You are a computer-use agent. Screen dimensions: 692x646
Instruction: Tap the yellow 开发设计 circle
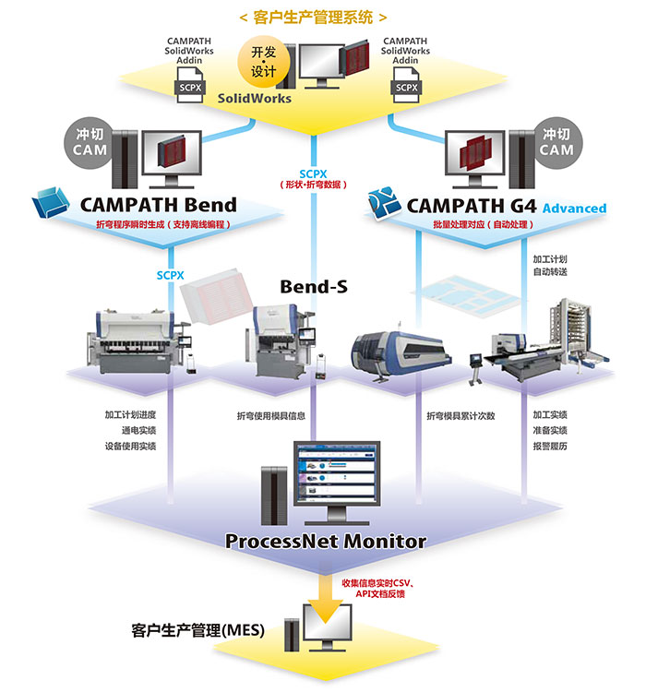265,61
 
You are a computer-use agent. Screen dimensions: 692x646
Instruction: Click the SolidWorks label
255,98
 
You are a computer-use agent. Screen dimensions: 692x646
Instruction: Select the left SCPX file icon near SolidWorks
190,86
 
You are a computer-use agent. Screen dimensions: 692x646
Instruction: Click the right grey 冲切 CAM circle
556,141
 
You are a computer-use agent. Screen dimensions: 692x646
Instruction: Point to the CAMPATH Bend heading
159,204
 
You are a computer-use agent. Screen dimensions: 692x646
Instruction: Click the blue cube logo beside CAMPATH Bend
53,202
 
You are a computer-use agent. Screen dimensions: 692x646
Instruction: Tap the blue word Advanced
574,209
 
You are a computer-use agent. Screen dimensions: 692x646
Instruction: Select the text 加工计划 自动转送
552,265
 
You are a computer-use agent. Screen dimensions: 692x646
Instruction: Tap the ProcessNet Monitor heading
326,541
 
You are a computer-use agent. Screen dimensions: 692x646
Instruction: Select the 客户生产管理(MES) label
197,631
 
